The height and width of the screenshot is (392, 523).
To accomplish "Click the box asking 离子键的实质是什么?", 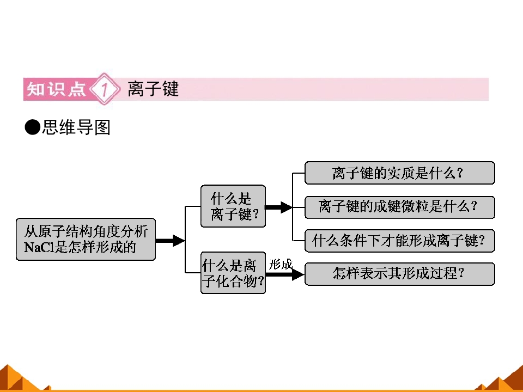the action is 399,173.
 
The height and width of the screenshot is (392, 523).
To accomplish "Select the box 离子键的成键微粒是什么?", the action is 399,207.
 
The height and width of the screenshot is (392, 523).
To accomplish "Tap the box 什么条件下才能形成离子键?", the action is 399,241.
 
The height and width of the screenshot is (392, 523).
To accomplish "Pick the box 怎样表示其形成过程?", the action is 399,274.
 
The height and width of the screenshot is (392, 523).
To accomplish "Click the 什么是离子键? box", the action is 233,206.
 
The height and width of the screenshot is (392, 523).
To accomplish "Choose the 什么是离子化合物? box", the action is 233,273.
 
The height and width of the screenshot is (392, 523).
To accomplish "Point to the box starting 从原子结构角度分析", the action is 86,240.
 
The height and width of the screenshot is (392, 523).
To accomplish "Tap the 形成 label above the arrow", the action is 281,265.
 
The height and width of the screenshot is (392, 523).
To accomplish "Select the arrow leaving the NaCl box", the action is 170,240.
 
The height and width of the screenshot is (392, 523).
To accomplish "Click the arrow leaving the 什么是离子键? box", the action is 279,207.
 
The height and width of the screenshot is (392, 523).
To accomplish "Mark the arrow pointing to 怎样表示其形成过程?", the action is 285,274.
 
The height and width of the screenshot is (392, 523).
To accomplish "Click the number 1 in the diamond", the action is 105,89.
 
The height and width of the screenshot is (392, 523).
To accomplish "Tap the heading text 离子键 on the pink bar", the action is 153,89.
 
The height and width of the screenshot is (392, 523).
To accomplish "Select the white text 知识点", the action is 56,89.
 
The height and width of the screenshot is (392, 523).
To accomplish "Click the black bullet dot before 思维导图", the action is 33,127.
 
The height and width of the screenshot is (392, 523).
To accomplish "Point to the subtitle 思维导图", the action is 76,127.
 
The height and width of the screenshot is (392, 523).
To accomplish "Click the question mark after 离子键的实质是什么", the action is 460,173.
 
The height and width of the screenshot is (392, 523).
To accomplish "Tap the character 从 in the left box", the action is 31,232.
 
